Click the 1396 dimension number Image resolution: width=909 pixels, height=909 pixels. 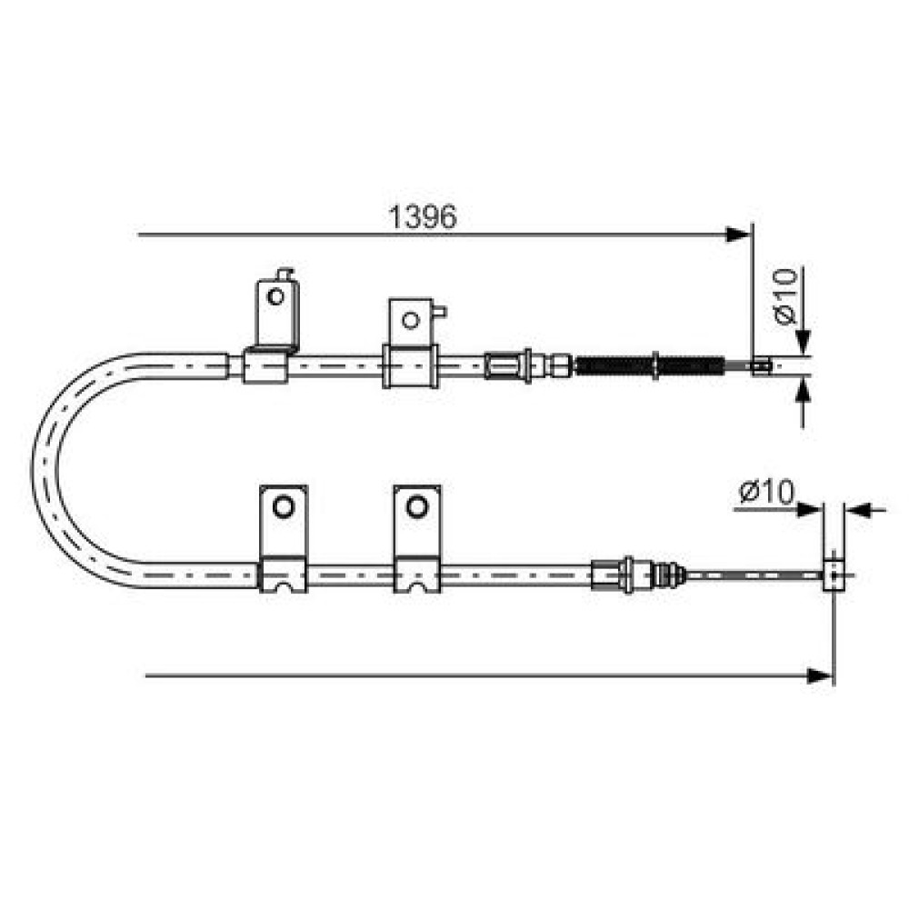tap(422, 217)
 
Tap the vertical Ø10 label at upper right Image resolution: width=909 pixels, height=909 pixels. tap(785, 295)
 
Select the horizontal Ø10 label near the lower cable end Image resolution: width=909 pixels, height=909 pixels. tap(765, 492)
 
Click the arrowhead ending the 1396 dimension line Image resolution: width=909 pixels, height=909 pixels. tap(739, 235)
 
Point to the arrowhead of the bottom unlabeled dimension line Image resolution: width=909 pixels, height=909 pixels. tap(821, 675)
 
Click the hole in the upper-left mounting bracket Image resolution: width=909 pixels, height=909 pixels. tap(275, 297)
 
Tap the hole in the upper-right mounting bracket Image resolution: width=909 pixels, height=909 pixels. tap(411, 320)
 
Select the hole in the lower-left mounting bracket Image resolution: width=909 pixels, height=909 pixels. tap(283, 506)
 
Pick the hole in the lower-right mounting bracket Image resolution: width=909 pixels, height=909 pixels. tap(416, 506)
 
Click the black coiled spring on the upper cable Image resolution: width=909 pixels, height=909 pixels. tap(650, 365)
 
